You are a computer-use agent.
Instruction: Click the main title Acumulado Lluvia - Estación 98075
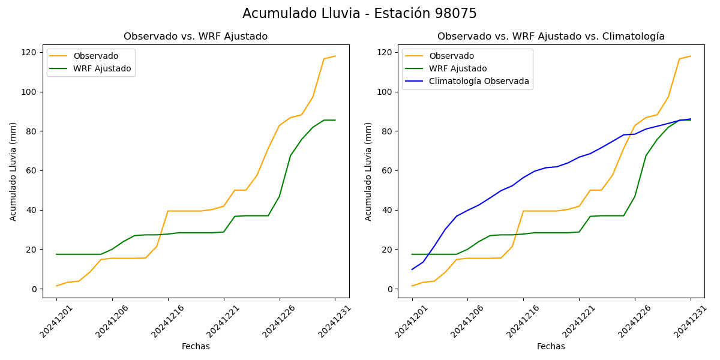(359, 14)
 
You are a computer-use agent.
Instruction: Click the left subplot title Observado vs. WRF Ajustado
(196, 37)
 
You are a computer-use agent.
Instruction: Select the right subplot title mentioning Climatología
(551, 37)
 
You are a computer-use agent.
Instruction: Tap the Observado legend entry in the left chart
(95, 56)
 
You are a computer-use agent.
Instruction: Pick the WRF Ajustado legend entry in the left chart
(102, 68)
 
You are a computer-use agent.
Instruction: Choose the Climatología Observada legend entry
(479, 81)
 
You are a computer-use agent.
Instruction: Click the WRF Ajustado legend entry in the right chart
(457, 68)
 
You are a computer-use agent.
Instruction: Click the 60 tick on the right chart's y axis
(388, 170)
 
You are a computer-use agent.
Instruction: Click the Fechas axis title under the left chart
(196, 346)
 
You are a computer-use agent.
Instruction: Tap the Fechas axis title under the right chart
(551, 346)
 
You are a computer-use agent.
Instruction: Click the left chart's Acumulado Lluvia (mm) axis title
(13, 171)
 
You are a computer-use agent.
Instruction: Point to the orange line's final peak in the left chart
(335, 56)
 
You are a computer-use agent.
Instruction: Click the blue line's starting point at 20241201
(412, 269)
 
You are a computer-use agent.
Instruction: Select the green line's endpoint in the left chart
(335, 120)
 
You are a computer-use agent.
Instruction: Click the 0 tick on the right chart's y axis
(390, 289)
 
